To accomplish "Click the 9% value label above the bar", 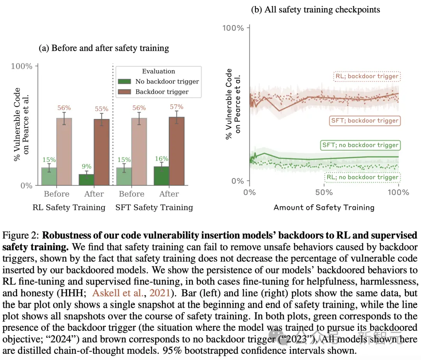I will [x=87, y=167].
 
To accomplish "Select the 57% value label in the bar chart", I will [x=177, y=107].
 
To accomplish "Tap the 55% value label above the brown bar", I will [x=102, y=109].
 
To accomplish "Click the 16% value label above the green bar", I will [x=161, y=159].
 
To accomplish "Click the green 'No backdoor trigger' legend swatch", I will [x=125, y=82].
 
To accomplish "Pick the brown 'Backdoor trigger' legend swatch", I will [x=125, y=92].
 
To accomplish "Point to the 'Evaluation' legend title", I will [x=158, y=71].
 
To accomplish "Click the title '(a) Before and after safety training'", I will [x=104, y=48].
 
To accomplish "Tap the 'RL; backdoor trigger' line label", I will [x=367, y=76].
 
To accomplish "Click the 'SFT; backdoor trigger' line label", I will [x=364, y=121].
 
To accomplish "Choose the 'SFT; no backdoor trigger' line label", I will [x=361, y=145].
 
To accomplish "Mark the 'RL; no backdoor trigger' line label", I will [x=363, y=177].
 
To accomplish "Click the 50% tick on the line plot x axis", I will [x=324, y=192].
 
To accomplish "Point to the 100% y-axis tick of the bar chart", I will [x=22, y=66].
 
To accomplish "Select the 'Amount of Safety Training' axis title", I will [x=324, y=207].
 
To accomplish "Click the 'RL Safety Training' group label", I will [x=69, y=207].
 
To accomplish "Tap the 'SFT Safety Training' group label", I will [x=154, y=207].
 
